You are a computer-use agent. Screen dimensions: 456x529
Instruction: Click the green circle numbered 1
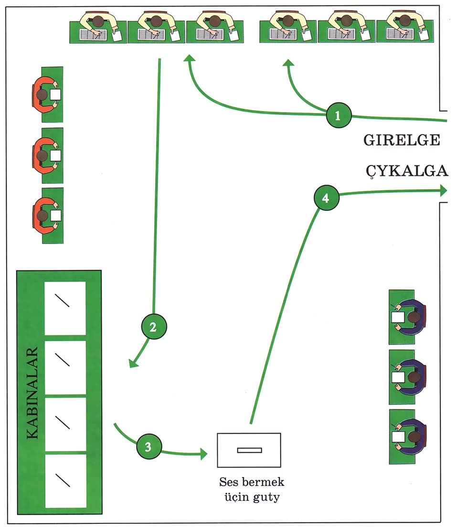tap(339, 115)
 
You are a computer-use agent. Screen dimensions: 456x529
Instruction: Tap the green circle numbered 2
tap(154, 326)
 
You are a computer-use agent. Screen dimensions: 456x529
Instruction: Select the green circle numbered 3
tap(149, 446)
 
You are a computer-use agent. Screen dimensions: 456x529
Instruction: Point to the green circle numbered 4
tap(326, 197)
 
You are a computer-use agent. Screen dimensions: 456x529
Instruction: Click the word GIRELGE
tap(402, 140)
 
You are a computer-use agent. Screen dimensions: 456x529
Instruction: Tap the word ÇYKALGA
tap(407, 171)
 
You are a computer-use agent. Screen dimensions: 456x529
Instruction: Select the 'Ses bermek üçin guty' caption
tap(252, 489)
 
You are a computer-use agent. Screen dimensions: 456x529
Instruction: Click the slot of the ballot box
tap(249, 450)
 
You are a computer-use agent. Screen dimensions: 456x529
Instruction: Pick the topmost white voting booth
tap(65, 308)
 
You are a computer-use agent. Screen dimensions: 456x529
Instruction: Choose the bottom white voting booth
tap(65, 481)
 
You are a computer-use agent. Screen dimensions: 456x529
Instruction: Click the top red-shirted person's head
tap(42, 94)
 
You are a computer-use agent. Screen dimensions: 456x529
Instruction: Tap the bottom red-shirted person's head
tap(42, 215)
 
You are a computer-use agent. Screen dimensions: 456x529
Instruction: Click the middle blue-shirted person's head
tap(414, 377)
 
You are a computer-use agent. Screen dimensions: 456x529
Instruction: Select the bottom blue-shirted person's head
tap(414, 437)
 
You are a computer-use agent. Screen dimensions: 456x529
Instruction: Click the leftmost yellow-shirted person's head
tap(98, 21)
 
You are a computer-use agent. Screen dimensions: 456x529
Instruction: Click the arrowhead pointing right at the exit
tap(444, 191)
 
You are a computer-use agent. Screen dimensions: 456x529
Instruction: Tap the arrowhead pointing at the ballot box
tap(203, 454)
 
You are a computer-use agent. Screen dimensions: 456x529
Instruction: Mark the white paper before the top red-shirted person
tap(56, 94)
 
